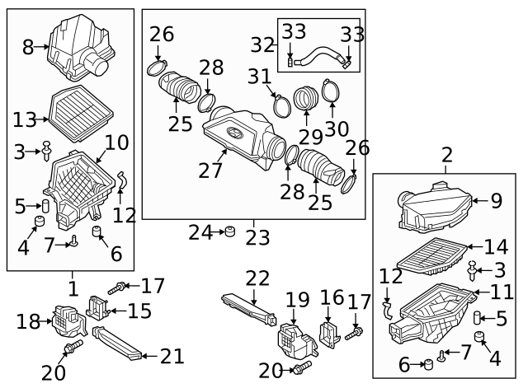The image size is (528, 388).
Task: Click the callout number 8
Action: coord(28,47)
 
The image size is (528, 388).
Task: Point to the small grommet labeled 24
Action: coord(230,232)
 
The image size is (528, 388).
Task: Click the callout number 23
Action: coord(257,237)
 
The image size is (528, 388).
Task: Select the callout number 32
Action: coord(262,44)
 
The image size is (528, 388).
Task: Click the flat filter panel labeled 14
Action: coord(434,255)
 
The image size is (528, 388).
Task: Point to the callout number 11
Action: coord(502,291)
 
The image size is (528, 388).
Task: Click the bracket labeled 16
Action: coord(330,333)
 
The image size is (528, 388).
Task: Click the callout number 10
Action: coord(116,142)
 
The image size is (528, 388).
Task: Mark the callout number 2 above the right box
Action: coord(447,154)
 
